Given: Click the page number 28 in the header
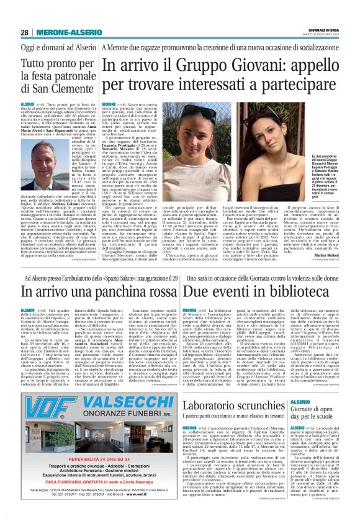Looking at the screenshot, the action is point(25,32).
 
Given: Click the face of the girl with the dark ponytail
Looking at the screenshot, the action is point(190,125).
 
